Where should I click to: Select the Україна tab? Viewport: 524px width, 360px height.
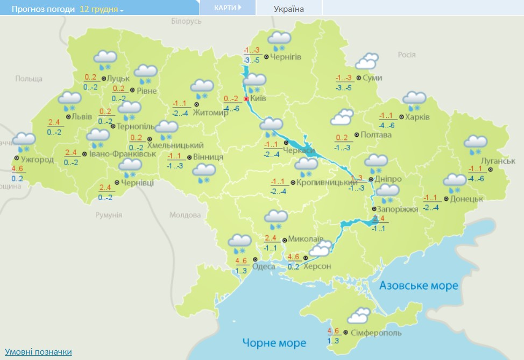click(288, 9)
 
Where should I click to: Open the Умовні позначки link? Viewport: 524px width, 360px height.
click(38, 351)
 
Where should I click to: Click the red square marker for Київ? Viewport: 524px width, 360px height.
click(246, 100)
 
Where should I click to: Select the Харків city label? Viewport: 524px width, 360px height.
click(417, 117)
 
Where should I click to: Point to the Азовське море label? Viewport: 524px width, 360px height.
click(419, 285)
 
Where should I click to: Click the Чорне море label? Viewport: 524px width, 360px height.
click(274, 342)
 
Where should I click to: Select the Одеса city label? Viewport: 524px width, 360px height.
click(264, 266)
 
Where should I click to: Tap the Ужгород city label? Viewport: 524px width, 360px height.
click(37, 160)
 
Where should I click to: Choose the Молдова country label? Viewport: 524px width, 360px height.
click(185, 215)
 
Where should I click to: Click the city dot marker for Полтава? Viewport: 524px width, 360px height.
click(357, 135)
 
